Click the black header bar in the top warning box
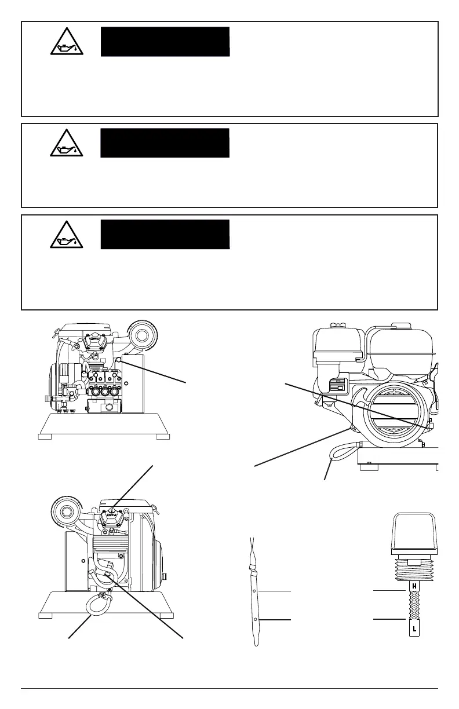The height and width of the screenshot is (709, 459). click(x=165, y=41)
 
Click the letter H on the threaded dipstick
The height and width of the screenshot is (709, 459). click(x=414, y=586)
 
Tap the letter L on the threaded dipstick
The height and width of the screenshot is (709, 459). click(x=414, y=628)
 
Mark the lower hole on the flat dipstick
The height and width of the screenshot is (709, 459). click(x=256, y=619)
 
